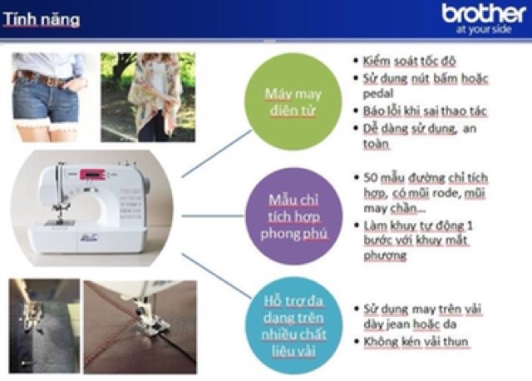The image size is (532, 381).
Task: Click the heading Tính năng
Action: pos(41,18)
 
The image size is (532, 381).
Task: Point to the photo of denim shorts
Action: pos(48,95)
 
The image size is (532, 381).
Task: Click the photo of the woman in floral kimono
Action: pos(147,95)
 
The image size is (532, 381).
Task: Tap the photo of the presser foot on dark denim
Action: pos(43,317)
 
